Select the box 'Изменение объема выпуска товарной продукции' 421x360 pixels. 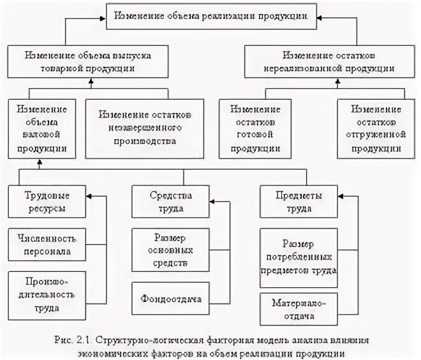(x=89, y=60)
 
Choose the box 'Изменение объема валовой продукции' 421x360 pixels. (x=39, y=127)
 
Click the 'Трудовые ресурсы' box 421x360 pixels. (x=46, y=202)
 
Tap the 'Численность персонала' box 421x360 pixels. (x=46, y=244)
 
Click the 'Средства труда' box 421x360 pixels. (x=170, y=202)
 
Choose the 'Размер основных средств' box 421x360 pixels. (x=170, y=249)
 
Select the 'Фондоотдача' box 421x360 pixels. (x=170, y=297)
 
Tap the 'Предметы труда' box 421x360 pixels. (x=298, y=202)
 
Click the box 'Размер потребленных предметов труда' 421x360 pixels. (x=299, y=256)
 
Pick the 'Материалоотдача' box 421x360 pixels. (x=299, y=309)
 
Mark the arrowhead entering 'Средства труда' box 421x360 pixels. (x=213, y=202)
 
